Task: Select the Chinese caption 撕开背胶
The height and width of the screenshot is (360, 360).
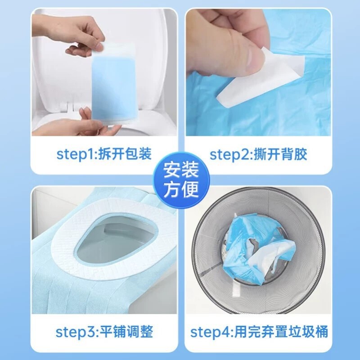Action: pyautogui.click(x=281, y=154)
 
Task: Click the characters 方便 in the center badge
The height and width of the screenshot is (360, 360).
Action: pyautogui.click(x=180, y=189)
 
